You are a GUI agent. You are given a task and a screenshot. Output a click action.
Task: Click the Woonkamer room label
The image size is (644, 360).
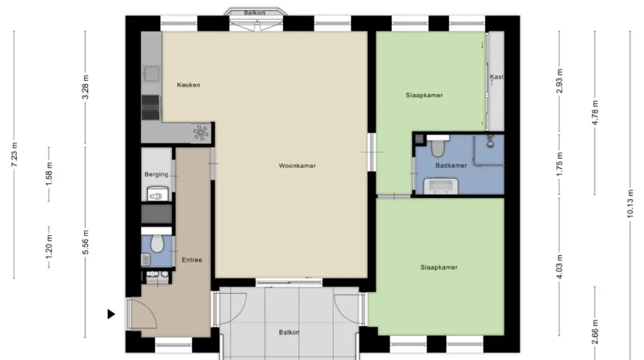coord(298,166)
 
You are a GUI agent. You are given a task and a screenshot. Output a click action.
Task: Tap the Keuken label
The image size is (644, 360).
coord(188,85)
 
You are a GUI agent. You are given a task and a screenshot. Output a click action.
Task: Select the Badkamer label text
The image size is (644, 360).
coord(451,166)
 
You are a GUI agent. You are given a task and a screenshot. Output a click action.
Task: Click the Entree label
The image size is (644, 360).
coord(192,260)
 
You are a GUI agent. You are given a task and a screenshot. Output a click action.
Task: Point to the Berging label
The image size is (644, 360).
coord(157,174)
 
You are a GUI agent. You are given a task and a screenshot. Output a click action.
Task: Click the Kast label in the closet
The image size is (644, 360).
coord(497,77)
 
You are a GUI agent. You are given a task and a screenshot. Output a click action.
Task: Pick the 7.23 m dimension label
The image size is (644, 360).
coord(15,154)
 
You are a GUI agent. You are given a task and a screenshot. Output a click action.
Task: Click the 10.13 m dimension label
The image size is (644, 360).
coord(630,204)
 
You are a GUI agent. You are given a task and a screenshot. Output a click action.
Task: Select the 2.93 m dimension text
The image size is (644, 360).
coord(559,81)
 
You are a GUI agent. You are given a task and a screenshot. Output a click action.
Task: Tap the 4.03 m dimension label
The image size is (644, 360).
coord(559,267)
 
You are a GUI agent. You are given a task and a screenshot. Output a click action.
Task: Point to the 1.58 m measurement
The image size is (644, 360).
coord(49,173)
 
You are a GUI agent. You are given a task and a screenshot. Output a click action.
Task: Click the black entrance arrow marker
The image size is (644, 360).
coord(111,314)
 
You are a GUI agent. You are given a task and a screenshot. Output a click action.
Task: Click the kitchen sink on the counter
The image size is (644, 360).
coord(151,74)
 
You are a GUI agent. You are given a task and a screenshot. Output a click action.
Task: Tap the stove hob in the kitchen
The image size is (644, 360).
coord(150,108)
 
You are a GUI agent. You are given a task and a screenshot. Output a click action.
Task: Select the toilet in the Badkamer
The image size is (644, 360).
coord(438,146)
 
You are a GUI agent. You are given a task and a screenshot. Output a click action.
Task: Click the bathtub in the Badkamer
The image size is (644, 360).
coord(441,186)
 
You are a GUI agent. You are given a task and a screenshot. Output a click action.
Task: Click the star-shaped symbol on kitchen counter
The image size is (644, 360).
coord(201,133)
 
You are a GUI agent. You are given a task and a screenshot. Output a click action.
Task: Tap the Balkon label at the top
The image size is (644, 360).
coord(255,13)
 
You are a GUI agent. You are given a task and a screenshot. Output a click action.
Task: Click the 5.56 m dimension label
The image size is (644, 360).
coord(86,242)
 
